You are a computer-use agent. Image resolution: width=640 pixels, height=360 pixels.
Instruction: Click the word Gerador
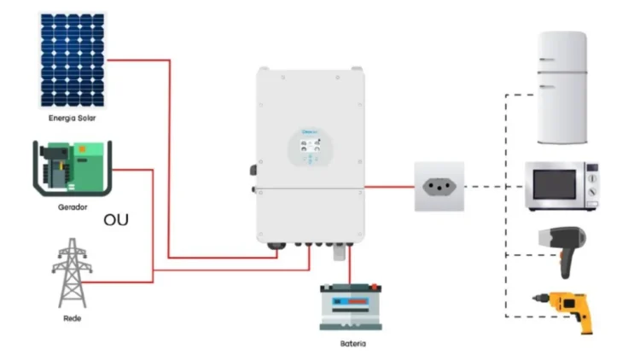[x=73, y=207]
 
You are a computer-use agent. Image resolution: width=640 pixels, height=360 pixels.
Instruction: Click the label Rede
[x=73, y=318]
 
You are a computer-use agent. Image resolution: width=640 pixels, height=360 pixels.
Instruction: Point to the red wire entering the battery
[x=350, y=269]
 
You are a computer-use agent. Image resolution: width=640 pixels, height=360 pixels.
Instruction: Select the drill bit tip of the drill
[x=536, y=299]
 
